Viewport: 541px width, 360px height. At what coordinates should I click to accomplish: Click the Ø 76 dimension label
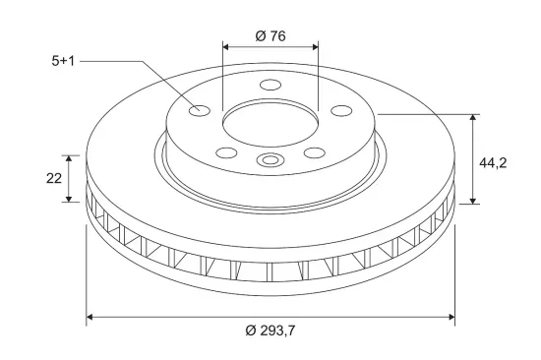[270, 35]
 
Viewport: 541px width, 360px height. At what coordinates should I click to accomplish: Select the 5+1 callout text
[63, 61]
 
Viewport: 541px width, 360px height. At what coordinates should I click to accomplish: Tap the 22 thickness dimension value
[54, 178]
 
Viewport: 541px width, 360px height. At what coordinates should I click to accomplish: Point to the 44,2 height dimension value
[493, 162]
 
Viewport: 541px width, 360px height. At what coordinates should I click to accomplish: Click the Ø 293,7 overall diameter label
[270, 330]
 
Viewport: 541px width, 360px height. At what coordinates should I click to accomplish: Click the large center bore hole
[270, 124]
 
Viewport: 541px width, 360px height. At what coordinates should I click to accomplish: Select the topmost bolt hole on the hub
[270, 85]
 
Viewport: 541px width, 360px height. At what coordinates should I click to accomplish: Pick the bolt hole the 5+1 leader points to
[200, 110]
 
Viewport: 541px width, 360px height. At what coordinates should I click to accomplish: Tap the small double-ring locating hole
[270, 159]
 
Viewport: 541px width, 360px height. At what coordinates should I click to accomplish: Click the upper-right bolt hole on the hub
[341, 111]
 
